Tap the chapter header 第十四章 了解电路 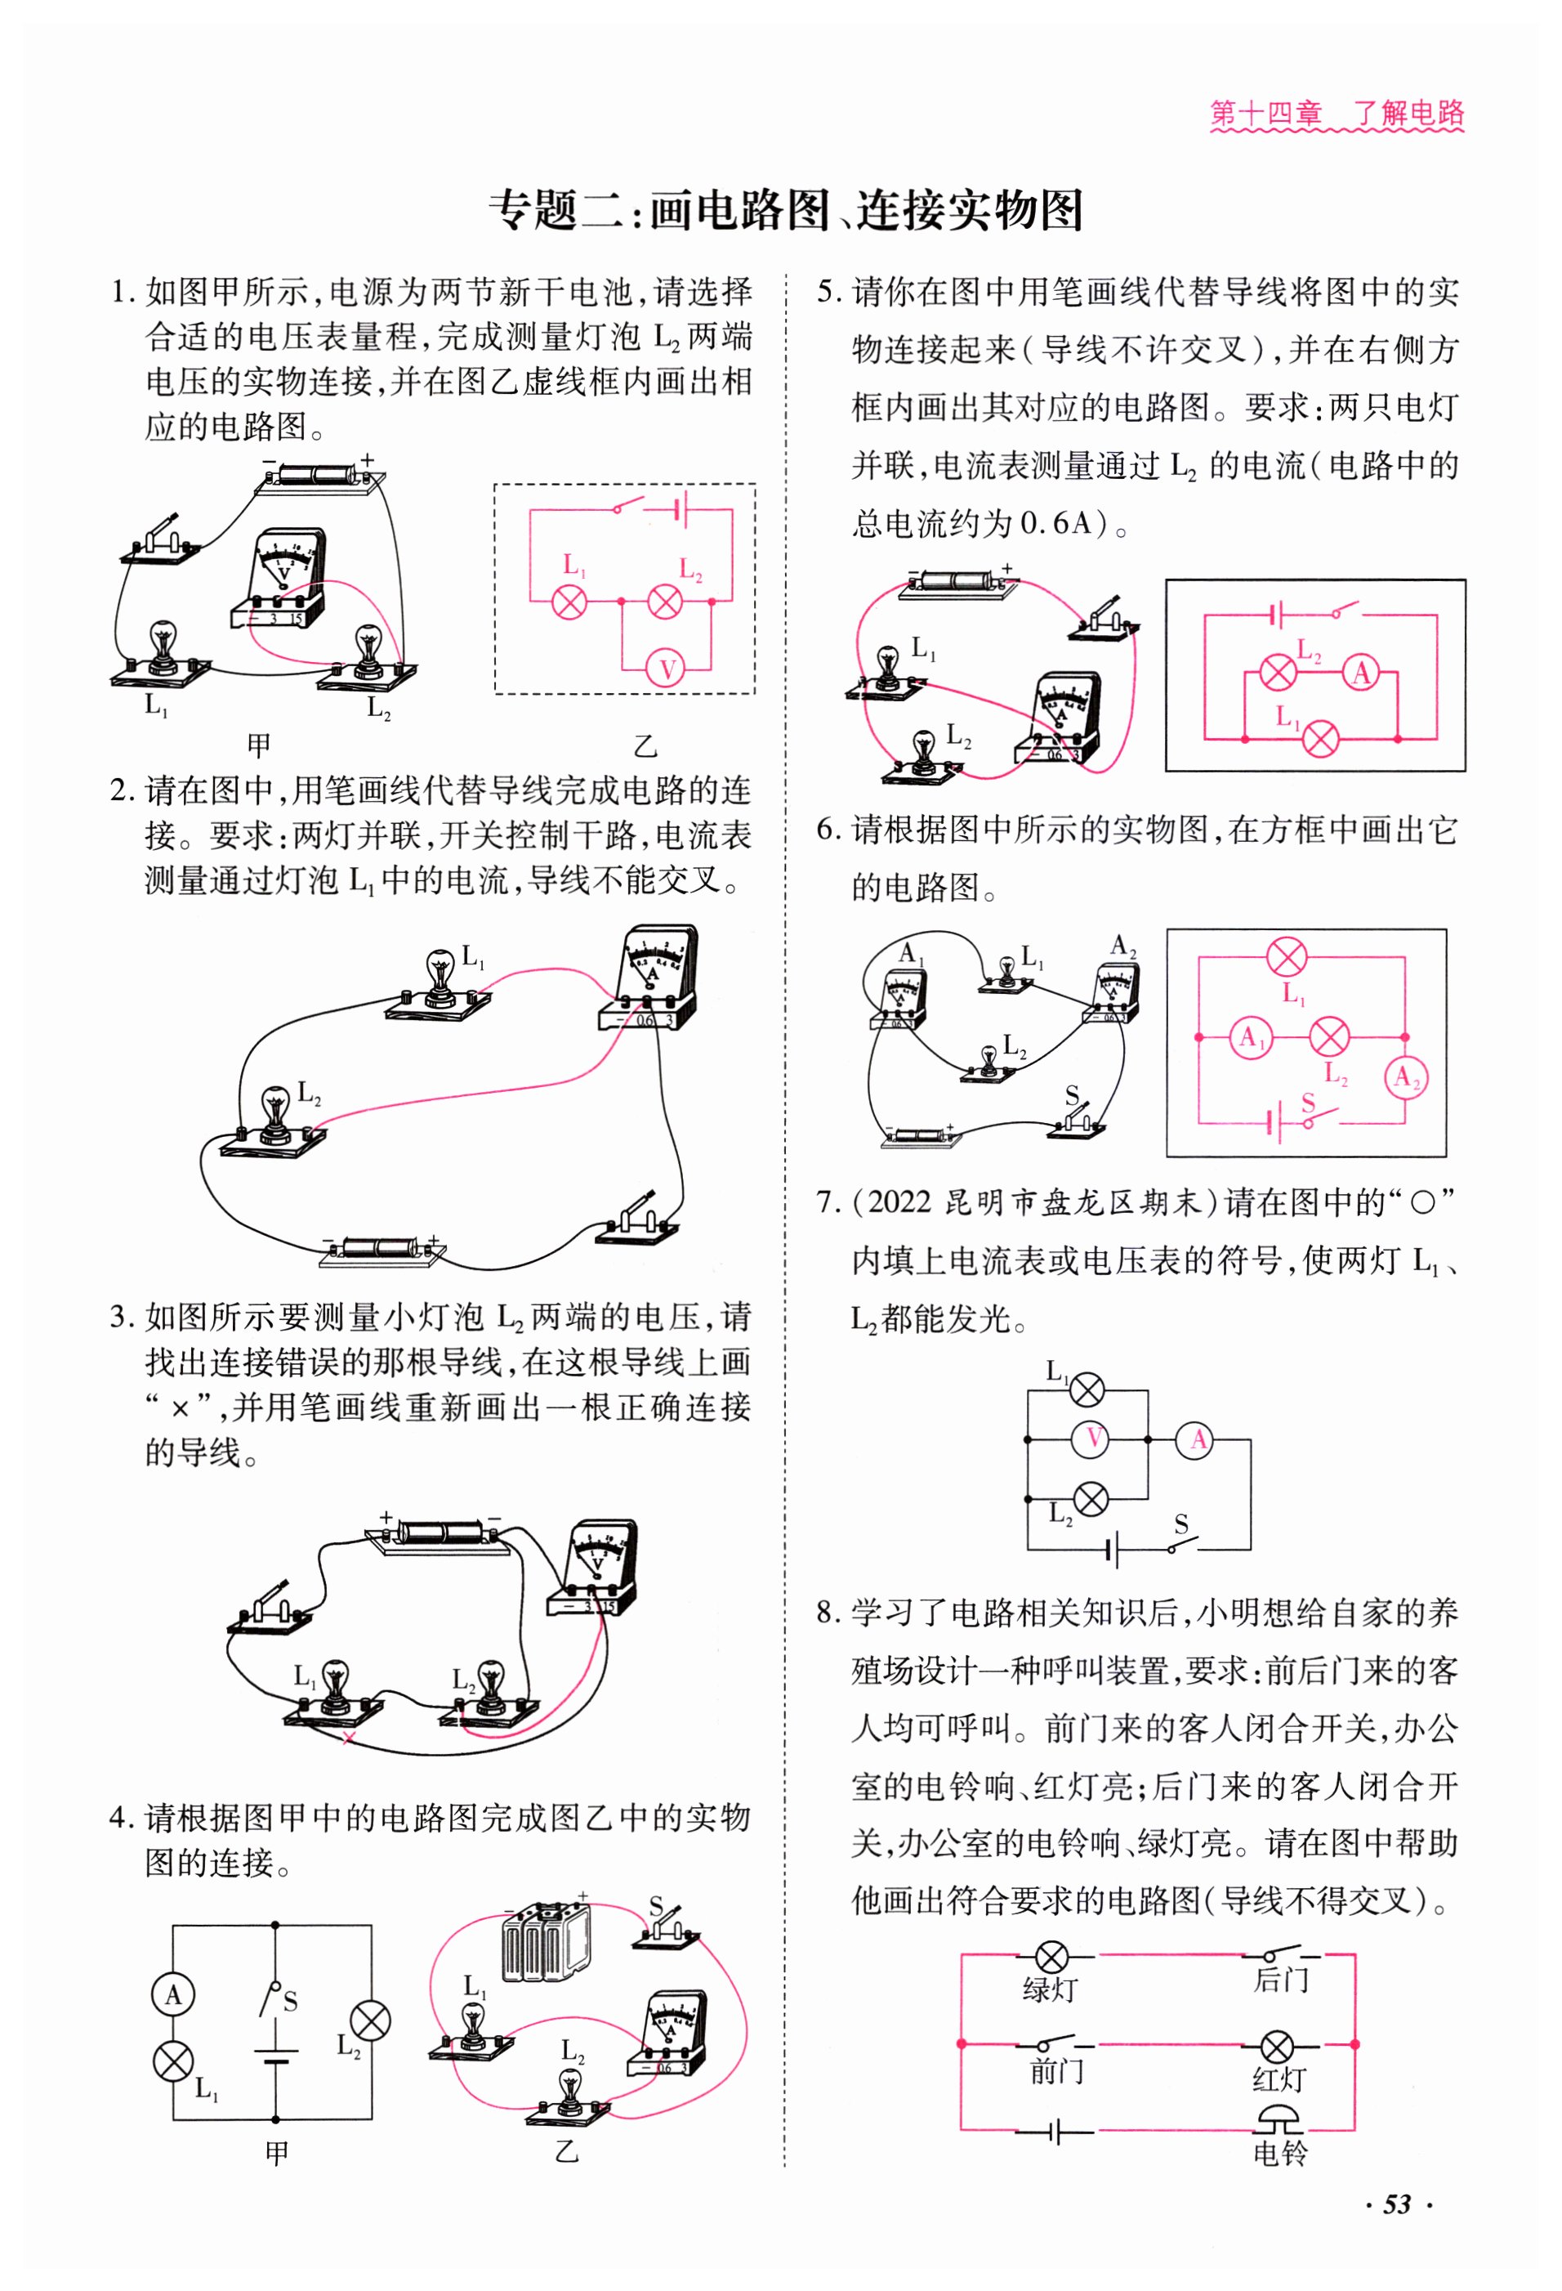coord(1337,114)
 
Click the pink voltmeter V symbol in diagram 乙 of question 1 coord(666,670)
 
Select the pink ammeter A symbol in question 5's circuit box coord(1362,673)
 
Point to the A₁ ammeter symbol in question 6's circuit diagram coord(1251,1037)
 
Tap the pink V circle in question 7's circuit coord(1093,1439)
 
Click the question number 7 coord(826,1202)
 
